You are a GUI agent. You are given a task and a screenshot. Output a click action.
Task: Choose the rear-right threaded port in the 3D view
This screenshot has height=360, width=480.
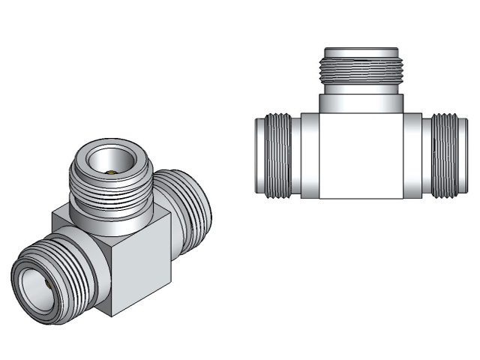click(187, 202)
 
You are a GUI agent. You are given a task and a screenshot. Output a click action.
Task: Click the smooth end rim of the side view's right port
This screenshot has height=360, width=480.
click(462, 156)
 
